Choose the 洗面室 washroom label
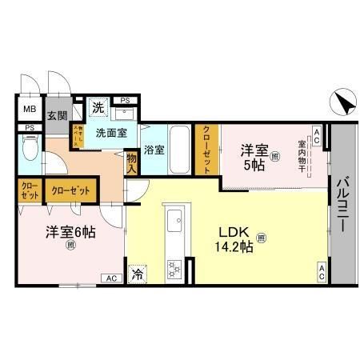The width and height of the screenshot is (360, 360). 113,134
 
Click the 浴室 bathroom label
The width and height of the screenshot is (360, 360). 154,148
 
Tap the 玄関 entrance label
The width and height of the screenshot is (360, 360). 57,116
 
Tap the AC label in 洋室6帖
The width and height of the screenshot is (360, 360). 110,278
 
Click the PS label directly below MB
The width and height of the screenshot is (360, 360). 29,127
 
